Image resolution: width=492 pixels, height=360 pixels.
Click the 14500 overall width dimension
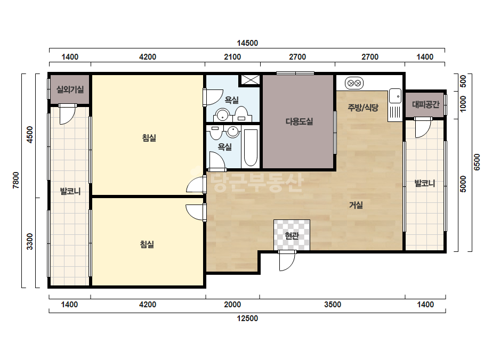(x=247, y=43)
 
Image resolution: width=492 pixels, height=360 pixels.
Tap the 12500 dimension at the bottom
(x=247, y=318)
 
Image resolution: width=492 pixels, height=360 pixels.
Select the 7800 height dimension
(x=16, y=181)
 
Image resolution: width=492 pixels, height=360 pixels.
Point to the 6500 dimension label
(x=477, y=162)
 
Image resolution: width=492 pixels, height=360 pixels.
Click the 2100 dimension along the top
(x=232, y=57)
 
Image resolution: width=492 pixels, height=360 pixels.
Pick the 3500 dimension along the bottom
(x=333, y=305)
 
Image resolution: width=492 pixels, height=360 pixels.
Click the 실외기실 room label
(x=70, y=89)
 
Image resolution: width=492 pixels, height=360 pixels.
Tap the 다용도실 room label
(x=299, y=121)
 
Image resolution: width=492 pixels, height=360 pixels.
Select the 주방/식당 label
(x=363, y=108)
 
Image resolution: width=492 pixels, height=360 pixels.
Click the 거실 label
(x=356, y=205)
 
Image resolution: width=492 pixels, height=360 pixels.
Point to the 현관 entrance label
(x=292, y=235)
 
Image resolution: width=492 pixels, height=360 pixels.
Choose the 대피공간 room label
(x=425, y=104)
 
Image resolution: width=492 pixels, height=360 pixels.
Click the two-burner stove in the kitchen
(x=354, y=84)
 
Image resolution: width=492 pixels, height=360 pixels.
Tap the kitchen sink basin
(x=395, y=96)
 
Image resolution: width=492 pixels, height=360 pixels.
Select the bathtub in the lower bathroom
(x=251, y=148)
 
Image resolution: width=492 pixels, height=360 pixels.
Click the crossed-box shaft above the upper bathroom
(x=250, y=80)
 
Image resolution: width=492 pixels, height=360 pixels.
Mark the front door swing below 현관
(x=287, y=261)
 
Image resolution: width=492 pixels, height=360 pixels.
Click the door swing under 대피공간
(x=423, y=128)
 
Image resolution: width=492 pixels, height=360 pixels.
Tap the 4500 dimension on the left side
(x=30, y=135)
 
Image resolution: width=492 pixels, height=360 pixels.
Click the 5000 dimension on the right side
(x=463, y=184)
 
